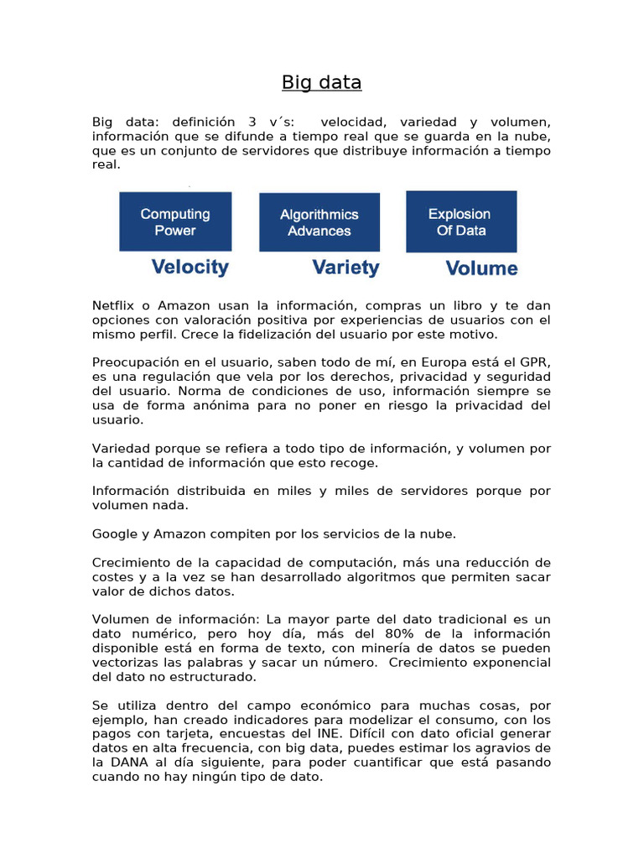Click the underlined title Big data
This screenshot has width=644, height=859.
coord(321,82)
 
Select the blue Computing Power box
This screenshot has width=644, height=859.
coord(175,221)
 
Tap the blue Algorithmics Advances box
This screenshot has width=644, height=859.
coord(319,222)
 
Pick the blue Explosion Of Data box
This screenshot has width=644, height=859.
coord(461,221)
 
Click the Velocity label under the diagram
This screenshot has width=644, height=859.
coord(190,268)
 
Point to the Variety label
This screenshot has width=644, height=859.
coord(345,268)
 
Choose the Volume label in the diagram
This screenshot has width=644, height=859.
coord(481,268)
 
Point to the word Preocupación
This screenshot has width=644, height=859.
coord(135,362)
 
